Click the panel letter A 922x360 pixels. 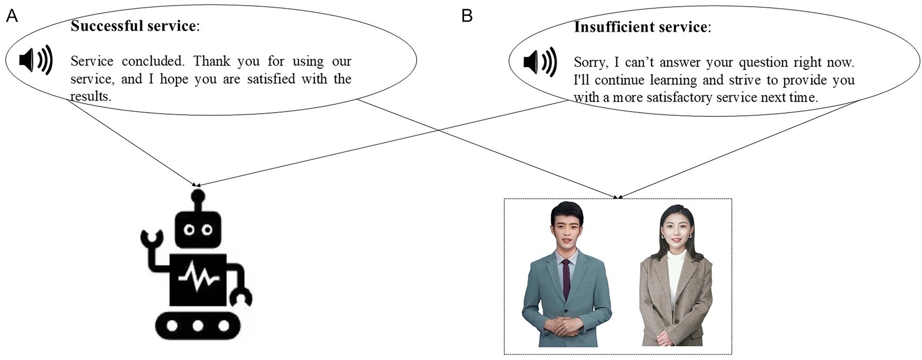pyautogui.click(x=12, y=16)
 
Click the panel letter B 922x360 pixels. pyautogui.click(x=467, y=16)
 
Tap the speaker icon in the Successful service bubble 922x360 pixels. pyautogui.click(x=35, y=60)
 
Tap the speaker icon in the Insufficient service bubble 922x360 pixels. pyautogui.click(x=540, y=62)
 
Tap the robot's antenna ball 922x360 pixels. pyautogui.click(x=198, y=196)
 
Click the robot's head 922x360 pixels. pyautogui.click(x=198, y=229)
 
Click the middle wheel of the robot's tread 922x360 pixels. pyautogui.click(x=198, y=325)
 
